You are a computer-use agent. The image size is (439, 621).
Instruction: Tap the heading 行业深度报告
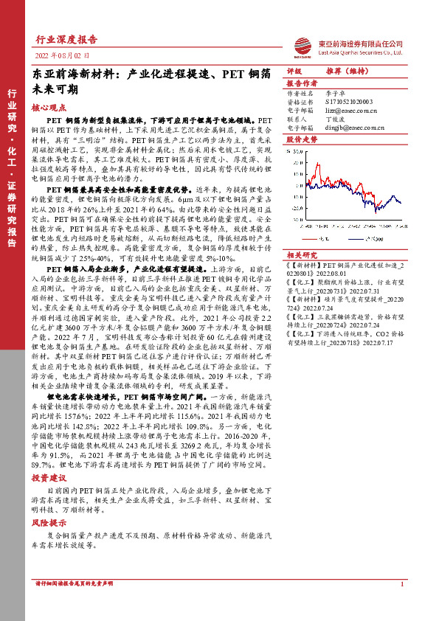pos(66,40)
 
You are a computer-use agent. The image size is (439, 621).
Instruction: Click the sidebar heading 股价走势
pos(300,139)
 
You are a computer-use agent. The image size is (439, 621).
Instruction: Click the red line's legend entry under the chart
pos(314,237)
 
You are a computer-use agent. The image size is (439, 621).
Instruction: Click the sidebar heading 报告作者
pos(300,83)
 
